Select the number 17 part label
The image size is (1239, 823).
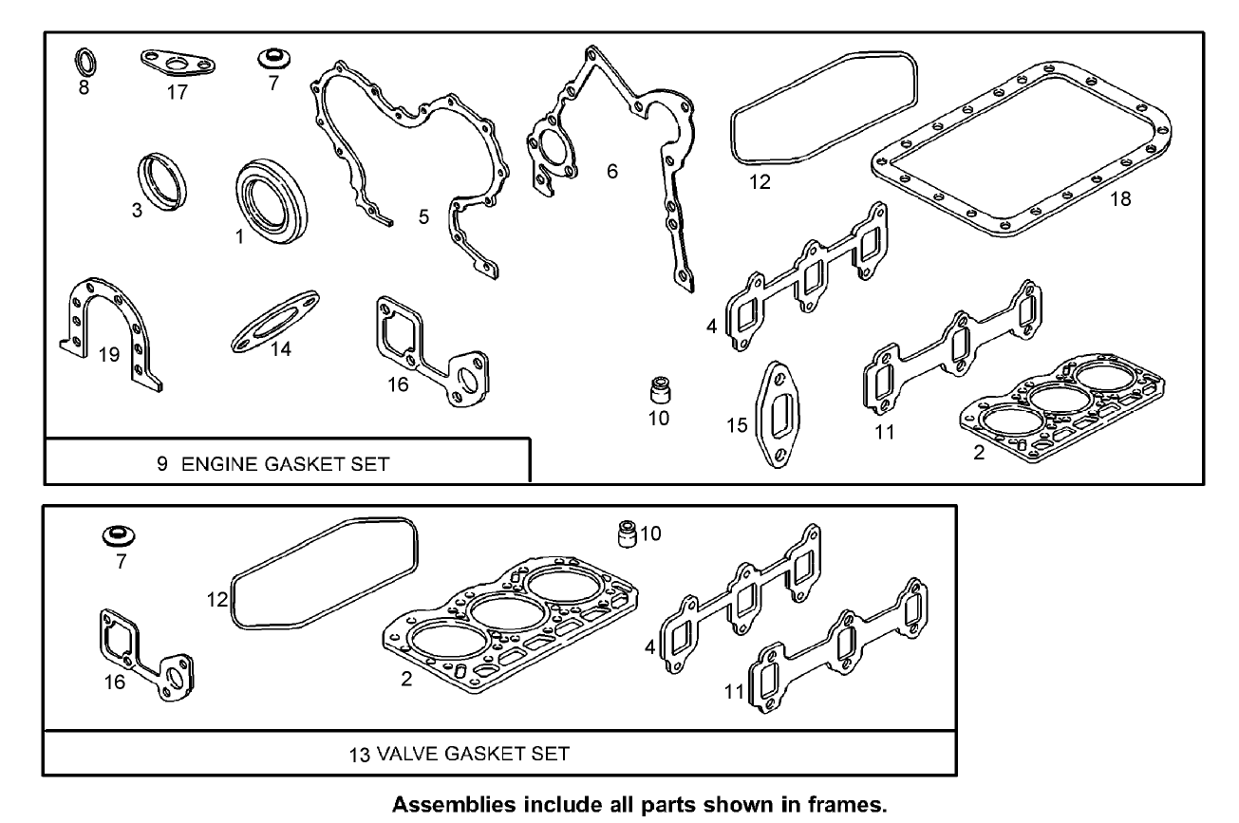(177, 92)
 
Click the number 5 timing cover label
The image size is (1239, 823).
(423, 217)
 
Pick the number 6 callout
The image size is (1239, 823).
(612, 171)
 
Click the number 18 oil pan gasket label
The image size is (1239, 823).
(1119, 199)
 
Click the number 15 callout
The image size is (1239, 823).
(737, 425)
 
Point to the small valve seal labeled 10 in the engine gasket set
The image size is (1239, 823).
(658, 389)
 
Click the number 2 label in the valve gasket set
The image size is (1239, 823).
(406, 680)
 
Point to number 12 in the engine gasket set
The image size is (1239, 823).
(759, 182)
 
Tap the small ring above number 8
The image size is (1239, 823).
(84, 61)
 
